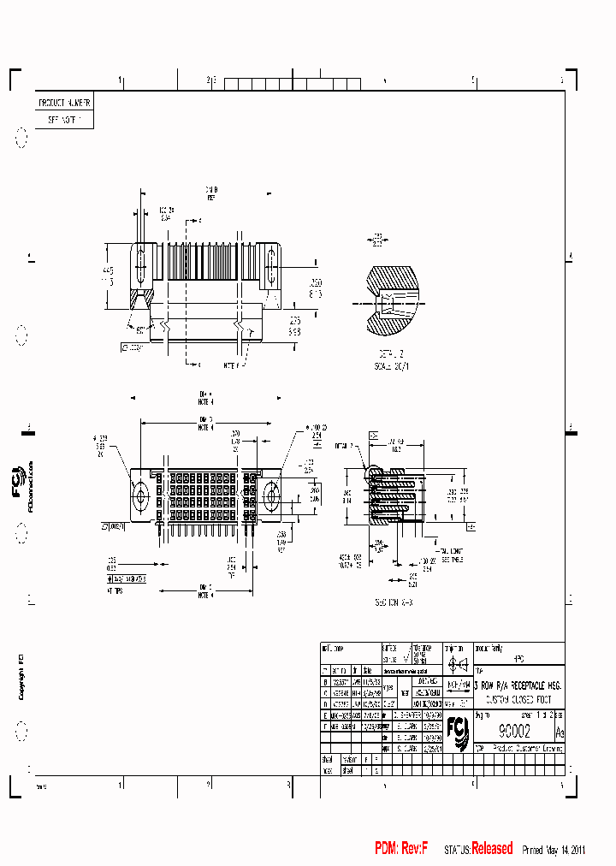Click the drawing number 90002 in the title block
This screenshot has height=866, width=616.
pyautogui.click(x=513, y=732)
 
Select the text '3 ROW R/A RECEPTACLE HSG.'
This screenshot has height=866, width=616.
pyautogui.click(x=518, y=685)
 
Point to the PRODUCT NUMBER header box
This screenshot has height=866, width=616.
pyautogui.click(x=64, y=102)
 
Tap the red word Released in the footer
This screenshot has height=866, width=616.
pyautogui.click(x=492, y=849)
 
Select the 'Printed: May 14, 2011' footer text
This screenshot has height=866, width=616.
pyautogui.click(x=553, y=850)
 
